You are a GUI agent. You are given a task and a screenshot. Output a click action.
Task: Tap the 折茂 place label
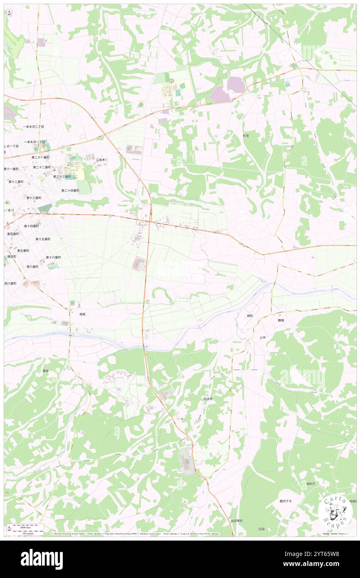pyautogui.click(x=248, y=136)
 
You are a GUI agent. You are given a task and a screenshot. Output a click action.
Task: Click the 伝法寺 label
pyautogui.click(x=208, y=398)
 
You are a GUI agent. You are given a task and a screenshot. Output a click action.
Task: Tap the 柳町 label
pyautogui.click(x=250, y=316)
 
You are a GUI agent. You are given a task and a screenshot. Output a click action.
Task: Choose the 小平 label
pyautogui.click(x=262, y=338)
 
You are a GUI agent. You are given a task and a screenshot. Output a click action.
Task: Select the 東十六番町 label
pyautogui.click(x=53, y=257)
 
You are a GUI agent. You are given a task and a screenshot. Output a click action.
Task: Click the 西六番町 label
pyautogui.click(x=10, y=284)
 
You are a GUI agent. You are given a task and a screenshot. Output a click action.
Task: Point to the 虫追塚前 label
pyautogui.click(x=237, y=521)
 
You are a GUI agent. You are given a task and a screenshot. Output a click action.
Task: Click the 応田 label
pyautogui.click(x=261, y=529)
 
